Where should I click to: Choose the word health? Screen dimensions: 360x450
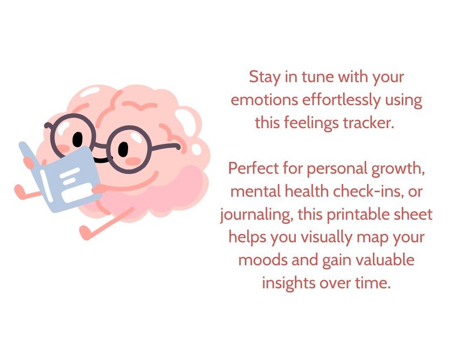pos(305,191)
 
